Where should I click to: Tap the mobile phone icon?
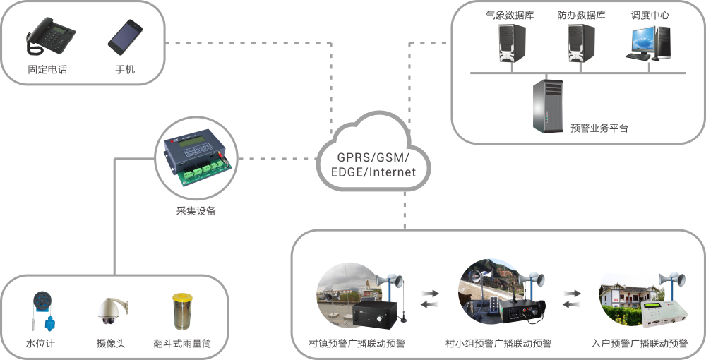(126, 39)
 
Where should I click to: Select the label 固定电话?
(47, 70)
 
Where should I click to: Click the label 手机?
(125, 70)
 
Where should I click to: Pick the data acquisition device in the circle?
(196, 160)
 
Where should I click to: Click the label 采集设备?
(196, 211)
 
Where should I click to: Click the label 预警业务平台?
(599, 128)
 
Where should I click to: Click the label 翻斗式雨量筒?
(182, 344)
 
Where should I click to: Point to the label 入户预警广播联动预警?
(640, 344)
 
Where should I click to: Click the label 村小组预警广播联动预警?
(498, 344)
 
